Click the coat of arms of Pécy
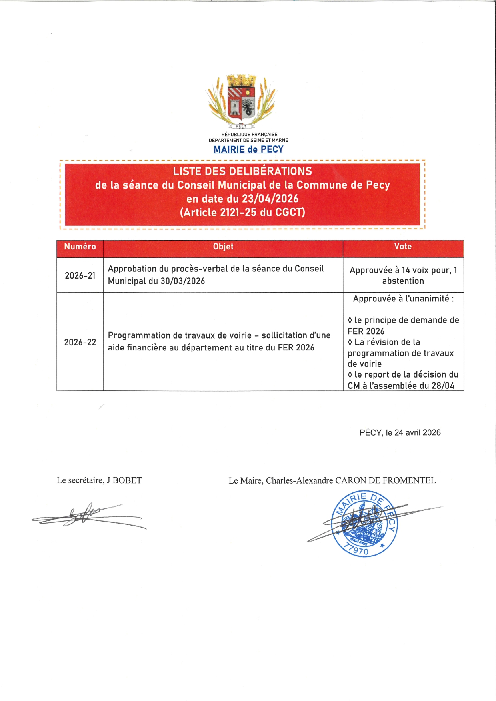tap(242, 100)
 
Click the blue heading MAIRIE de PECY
tap(248, 149)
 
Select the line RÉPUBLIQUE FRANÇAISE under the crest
tap(249, 135)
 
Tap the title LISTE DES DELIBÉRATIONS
tap(242, 171)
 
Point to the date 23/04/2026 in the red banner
tap(270, 199)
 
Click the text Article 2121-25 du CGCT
tap(242, 212)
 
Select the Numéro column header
tap(80, 247)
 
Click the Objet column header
tap(223, 247)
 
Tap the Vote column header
tap(403, 247)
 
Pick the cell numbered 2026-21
tap(80, 276)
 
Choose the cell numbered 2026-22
tap(80, 343)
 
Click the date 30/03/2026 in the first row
tap(183, 281)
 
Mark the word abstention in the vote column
tap(403, 281)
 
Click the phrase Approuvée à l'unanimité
tap(401, 299)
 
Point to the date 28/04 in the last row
tap(443, 386)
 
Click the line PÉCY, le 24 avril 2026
tap(400, 433)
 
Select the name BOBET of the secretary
tap(127, 480)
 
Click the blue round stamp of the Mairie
tap(364, 524)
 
